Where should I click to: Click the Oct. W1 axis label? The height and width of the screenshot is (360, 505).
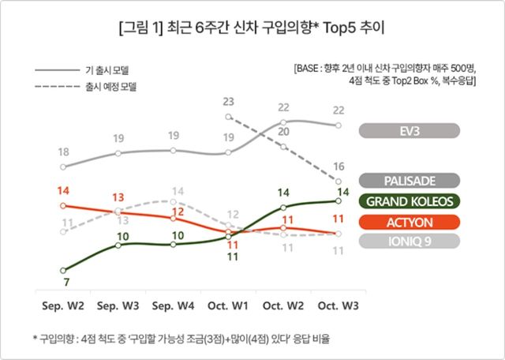tap(228, 304)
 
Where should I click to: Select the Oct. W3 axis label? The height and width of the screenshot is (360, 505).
tap(339, 304)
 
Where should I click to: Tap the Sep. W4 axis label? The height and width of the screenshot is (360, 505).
tap(173, 304)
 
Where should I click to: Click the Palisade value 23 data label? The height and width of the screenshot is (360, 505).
tap(229, 101)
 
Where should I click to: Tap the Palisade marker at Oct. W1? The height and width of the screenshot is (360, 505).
tap(228, 116)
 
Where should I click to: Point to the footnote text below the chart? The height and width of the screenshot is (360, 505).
tap(181, 339)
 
